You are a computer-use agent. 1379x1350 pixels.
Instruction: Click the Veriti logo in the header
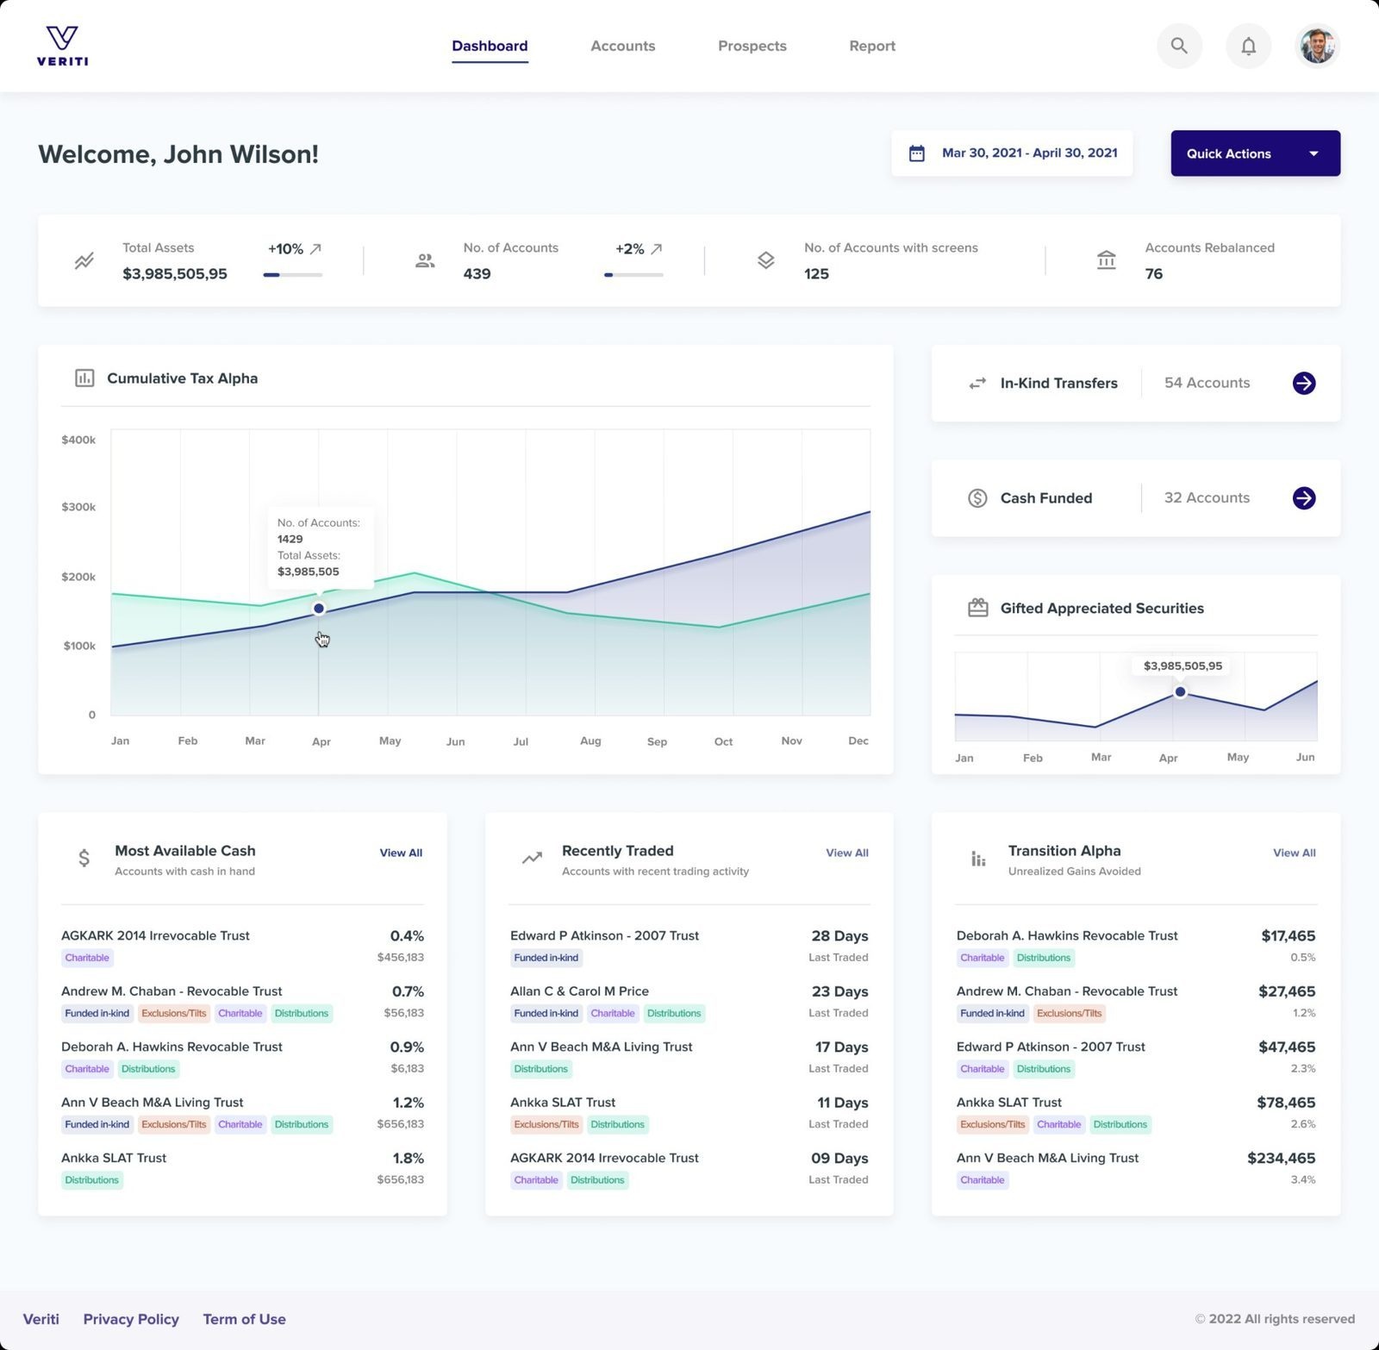pyautogui.click(x=62, y=46)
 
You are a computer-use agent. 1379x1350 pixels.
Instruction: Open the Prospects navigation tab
pyautogui.click(x=752, y=46)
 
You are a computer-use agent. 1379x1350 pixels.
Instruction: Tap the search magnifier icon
pyautogui.click(x=1179, y=46)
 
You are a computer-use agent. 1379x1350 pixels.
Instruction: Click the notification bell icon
pyautogui.click(x=1248, y=46)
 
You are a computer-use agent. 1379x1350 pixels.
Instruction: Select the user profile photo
pyautogui.click(x=1317, y=46)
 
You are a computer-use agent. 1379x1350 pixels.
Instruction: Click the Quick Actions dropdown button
pyautogui.click(x=1254, y=153)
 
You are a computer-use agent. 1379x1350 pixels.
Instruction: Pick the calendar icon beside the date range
pyautogui.click(x=917, y=153)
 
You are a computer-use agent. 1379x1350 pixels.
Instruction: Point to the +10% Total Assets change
pyautogui.click(x=285, y=249)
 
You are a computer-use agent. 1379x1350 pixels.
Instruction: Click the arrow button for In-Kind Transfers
pyautogui.click(x=1303, y=383)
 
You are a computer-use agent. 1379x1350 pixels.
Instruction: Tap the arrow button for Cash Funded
pyautogui.click(x=1303, y=497)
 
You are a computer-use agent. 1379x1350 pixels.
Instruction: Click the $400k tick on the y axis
pyautogui.click(x=78, y=440)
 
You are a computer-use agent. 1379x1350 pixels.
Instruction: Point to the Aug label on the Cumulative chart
pyautogui.click(x=590, y=741)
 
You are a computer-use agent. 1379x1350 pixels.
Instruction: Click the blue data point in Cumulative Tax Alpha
pyautogui.click(x=319, y=609)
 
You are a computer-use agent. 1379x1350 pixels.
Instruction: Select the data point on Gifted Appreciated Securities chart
pyautogui.click(x=1180, y=692)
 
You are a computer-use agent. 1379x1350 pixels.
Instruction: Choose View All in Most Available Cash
pyautogui.click(x=401, y=853)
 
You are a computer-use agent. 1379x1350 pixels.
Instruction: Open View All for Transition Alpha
pyautogui.click(x=1294, y=853)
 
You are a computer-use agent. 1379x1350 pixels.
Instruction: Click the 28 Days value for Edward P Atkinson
pyautogui.click(x=839, y=935)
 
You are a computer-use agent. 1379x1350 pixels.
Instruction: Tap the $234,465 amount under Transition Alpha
pyautogui.click(x=1281, y=1158)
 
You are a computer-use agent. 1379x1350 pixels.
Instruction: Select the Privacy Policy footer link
pyautogui.click(x=131, y=1319)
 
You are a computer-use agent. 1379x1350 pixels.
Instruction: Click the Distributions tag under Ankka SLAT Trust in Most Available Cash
pyautogui.click(x=92, y=1180)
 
